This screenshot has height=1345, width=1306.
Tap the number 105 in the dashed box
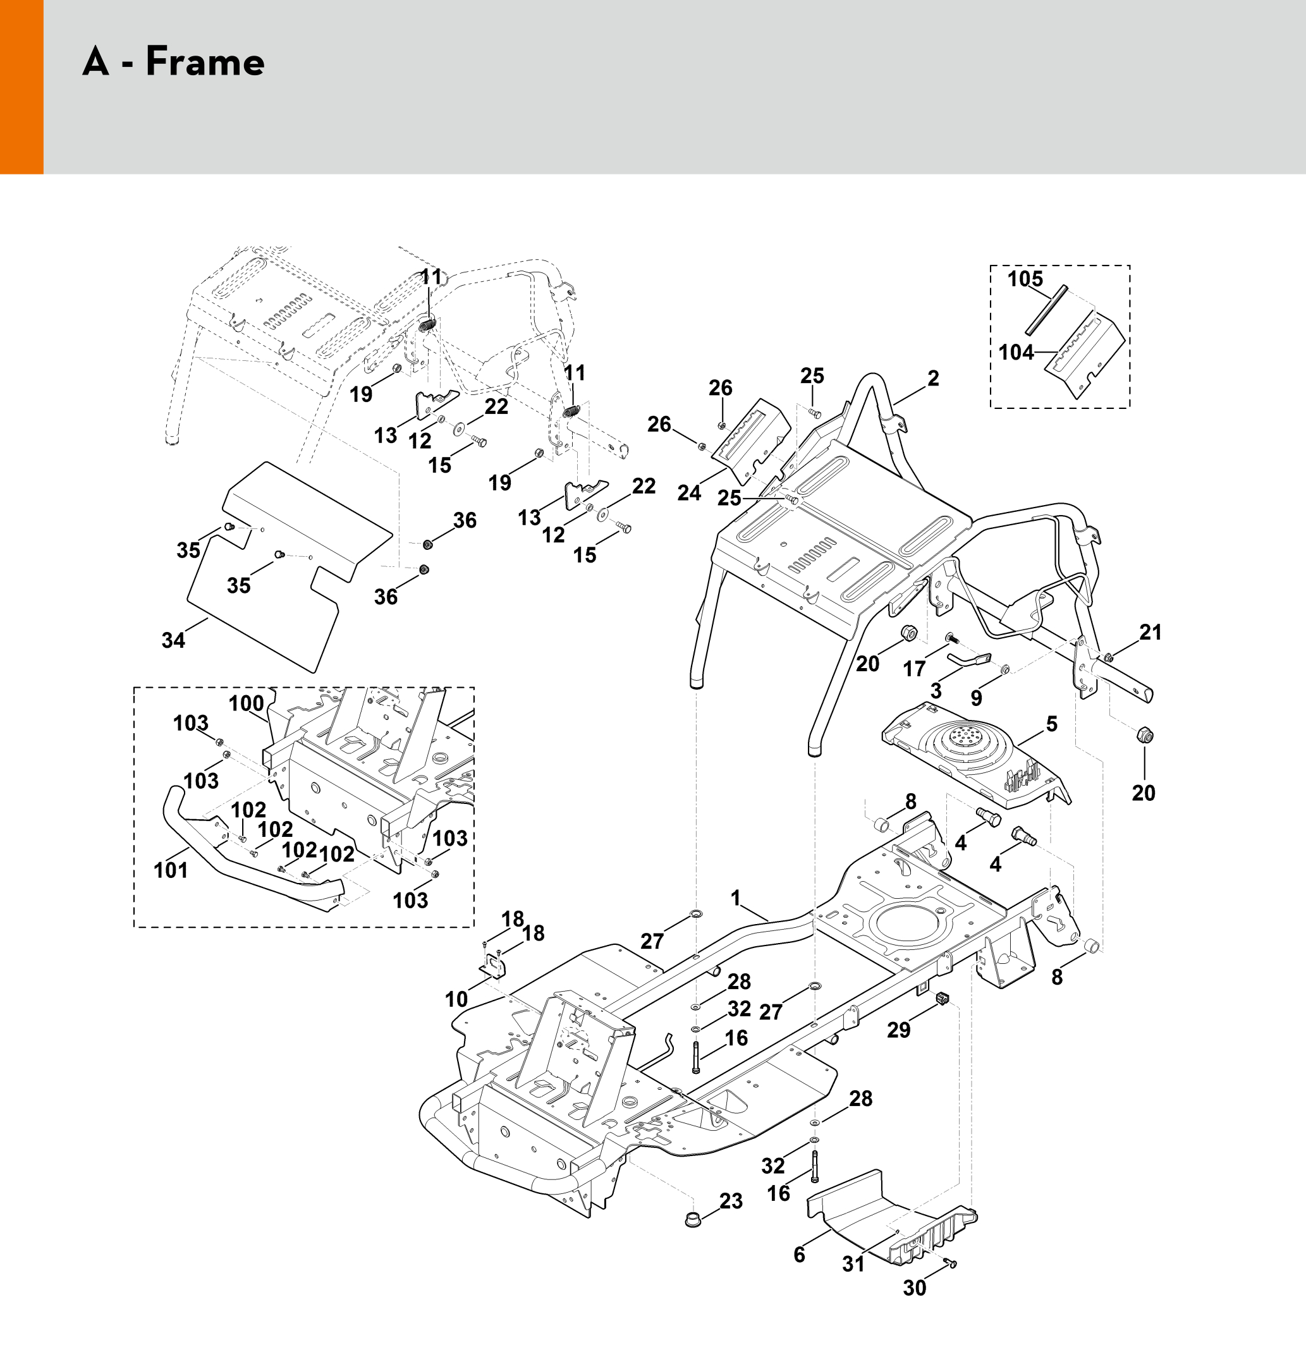point(1025,279)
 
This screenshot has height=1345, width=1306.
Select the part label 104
point(1016,352)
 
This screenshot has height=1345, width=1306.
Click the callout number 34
point(173,640)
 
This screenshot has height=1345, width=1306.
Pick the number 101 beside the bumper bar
point(171,870)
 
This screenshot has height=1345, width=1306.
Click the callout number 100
point(246,703)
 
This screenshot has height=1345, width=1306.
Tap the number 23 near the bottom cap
point(731,1201)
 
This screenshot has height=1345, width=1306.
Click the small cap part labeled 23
point(693,1218)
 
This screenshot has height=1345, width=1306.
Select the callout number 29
point(898,1030)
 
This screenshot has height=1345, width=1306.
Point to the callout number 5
point(1051,724)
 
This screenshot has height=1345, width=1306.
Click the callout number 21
point(1150,632)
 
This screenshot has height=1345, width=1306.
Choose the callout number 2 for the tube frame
point(932,378)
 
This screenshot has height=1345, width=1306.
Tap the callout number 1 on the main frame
point(736,898)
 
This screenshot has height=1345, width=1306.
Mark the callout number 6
point(799,1255)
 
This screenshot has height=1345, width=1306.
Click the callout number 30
point(914,1288)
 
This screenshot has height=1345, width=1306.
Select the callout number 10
point(456,999)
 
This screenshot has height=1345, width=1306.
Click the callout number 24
point(689,493)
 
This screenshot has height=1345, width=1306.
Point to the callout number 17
point(914,667)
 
